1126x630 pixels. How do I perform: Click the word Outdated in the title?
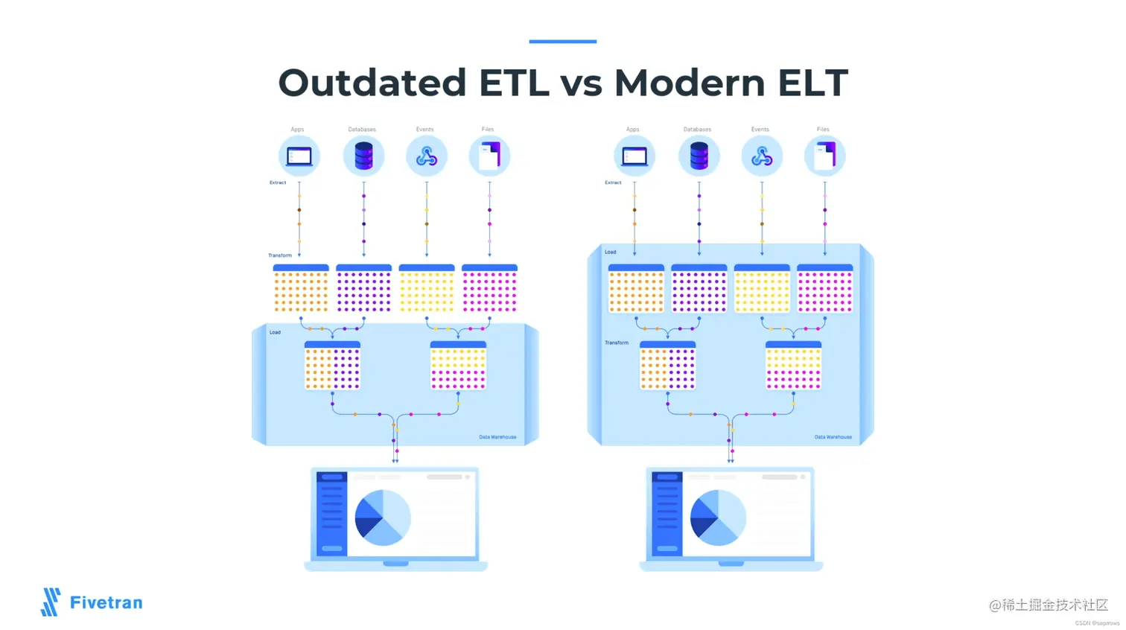coord(372,83)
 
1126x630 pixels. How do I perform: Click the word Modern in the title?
coord(690,83)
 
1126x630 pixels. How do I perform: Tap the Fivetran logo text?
coord(106,602)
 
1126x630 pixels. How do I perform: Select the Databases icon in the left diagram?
coord(363,156)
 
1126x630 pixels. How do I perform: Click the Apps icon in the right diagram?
coord(634,156)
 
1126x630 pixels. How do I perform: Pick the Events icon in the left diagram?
coord(427,156)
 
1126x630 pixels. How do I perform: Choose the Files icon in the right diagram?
coord(824,156)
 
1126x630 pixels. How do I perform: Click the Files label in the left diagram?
coord(488,130)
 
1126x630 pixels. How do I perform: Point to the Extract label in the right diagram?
coord(613,182)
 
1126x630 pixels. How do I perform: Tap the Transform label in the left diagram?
coord(280,255)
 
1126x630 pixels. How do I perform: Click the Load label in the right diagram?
coord(611,252)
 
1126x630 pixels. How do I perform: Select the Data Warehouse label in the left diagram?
coord(497,437)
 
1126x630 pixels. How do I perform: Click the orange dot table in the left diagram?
coord(301,289)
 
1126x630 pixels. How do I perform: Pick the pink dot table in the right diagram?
coord(824,289)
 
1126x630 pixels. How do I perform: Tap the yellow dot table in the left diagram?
coord(427,289)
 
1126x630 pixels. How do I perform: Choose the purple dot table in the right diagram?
coord(699,289)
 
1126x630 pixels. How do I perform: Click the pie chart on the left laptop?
coord(382,518)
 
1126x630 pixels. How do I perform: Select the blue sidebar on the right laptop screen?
coord(667,514)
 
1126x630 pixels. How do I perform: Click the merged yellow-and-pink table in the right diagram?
coord(793,366)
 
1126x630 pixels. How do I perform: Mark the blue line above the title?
coord(562,42)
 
